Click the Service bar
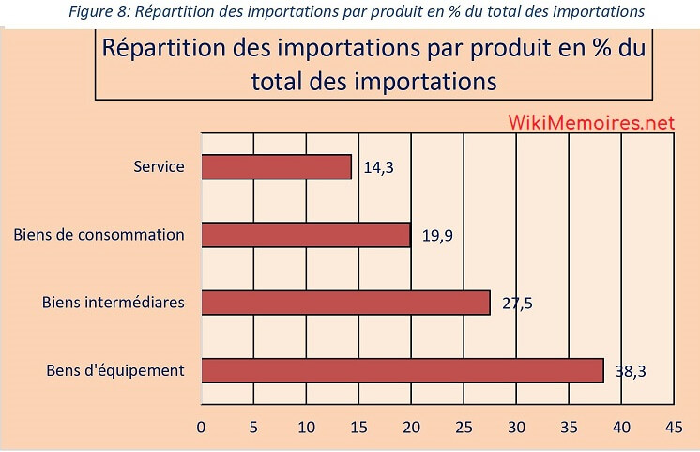(277, 167)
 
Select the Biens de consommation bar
(306, 235)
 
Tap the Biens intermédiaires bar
(345, 303)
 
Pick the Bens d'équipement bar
(403, 370)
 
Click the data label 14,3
(377, 169)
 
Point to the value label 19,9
(437, 237)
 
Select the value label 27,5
(517, 304)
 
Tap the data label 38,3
(631, 371)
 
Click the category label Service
(159, 168)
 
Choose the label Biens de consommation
(99, 235)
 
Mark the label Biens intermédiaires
(114, 303)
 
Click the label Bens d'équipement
(115, 370)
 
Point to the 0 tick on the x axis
(202, 426)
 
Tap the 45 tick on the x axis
(673, 426)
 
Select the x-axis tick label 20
(411, 426)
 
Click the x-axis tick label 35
(569, 426)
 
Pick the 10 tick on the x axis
(306, 426)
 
